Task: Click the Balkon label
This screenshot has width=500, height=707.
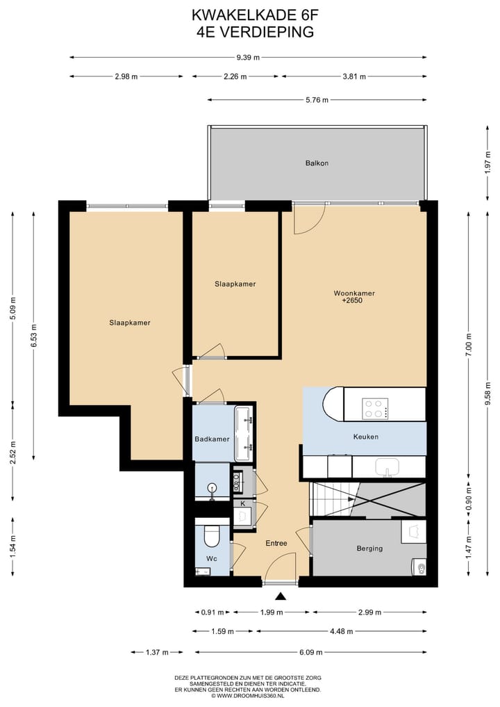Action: pyautogui.click(x=317, y=163)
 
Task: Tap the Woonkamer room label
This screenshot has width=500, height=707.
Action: pyautogui.click(x=354, y=293)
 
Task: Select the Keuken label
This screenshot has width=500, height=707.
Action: pyautogui.click(x=366, y=437)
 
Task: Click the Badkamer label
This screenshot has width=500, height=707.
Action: pyautogui.click(x=212, y=439)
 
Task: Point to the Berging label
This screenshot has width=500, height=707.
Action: pyautogui.click(x=370, y=548)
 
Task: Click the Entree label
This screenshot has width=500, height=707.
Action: pyautogui.click(x=276, y=544)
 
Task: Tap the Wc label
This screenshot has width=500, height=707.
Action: pyautogui.click(x=212, y=559)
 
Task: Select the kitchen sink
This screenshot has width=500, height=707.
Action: pyautogui.click(x=387, y=467)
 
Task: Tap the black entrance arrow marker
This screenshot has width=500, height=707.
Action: pyautogui.click(x=281, y=596)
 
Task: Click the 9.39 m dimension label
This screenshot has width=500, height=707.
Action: pyautogui.click(x=248, y=57)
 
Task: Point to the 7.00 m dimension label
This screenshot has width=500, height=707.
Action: pyautogui.click(x=469, y=345)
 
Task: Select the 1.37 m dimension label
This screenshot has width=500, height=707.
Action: pyautogui.click(x=157, y=652)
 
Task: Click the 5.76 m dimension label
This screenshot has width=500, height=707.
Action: pyautogui.click(x=317, y=99)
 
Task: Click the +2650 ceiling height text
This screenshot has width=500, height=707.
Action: pyautogui.click(x=352, y=300)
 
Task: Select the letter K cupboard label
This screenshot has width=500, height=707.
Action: pyautogui.click(x=243, y=503)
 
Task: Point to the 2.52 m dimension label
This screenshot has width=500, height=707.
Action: pyautogui.click(x=13, y=450)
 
